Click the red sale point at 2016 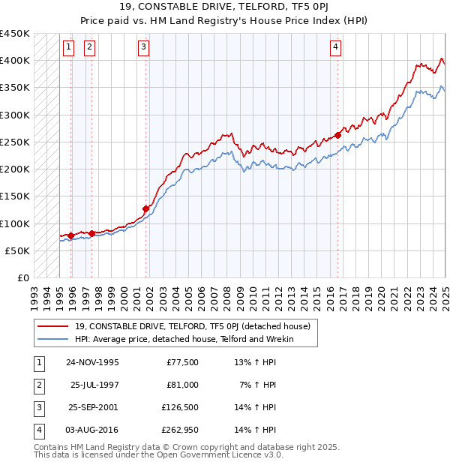tap(338, 135)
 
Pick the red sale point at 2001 tap(146, 209)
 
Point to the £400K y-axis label tap(15, 61)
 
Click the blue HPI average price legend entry tap(184, 339)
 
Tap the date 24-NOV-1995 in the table tap(92, 362)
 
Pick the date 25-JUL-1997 tap(94, 385)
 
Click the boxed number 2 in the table tap(38, 385)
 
